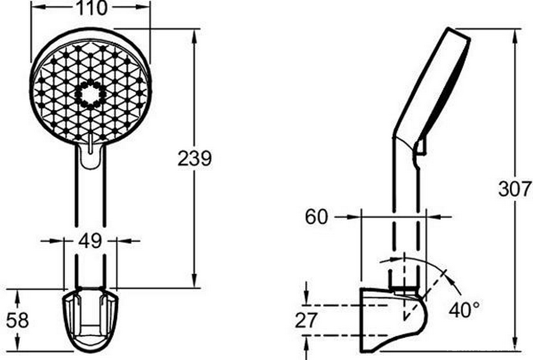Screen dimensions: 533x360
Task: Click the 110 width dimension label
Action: (91, 8)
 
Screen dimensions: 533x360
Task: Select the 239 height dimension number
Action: (194, 158)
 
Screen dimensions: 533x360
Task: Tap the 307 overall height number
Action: (514, 189)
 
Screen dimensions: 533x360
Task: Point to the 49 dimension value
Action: (90, 241)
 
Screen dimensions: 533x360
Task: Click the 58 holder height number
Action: (18, 320)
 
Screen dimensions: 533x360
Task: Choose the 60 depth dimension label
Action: (317, 216)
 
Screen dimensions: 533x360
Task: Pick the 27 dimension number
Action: (306, 320)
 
